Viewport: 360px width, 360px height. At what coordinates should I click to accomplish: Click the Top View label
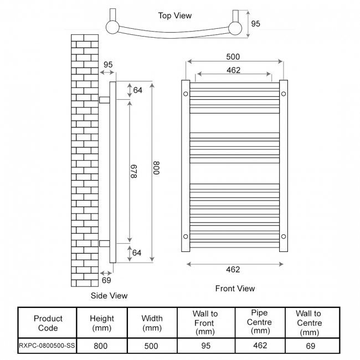[175, 16]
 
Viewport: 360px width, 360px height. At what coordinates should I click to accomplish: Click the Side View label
[109, 296]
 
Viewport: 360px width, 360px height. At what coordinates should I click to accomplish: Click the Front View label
[235, 289]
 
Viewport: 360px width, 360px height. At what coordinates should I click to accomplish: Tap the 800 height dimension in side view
[156, 168]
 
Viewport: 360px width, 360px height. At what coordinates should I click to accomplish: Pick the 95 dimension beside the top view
[255, 24]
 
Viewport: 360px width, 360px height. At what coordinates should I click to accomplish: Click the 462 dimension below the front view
[233, 270]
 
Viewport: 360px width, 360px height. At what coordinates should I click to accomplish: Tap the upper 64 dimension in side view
[137, 90]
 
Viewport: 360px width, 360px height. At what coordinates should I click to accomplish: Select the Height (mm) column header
[102, 323]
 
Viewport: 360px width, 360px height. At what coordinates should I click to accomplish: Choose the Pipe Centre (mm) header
[259, 322]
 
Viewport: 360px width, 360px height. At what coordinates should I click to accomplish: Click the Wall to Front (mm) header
[205, 323]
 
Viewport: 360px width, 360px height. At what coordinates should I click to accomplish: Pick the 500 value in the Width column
[151, 346]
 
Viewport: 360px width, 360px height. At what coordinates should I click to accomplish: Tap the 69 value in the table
[310, 346]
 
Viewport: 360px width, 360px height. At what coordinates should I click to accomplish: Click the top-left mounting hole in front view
[186, 94]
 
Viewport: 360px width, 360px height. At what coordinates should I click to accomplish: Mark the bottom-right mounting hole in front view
[283, 236]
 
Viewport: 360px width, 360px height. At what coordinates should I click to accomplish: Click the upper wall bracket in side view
[105, 99]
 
